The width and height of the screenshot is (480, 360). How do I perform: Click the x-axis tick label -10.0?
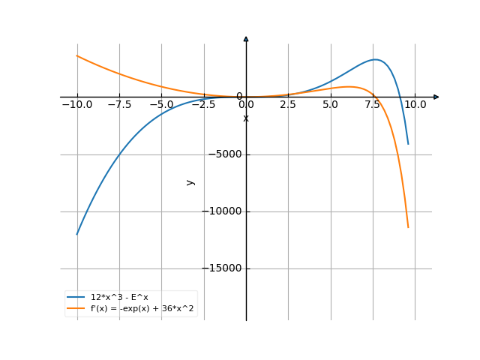pos(76,104)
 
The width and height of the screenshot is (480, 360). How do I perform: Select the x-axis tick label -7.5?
pos(118,104)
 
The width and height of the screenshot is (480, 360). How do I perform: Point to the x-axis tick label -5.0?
pos(161,104)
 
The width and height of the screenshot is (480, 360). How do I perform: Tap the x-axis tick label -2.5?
pos(203,104)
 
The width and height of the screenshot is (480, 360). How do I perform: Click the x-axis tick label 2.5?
pos(288,104)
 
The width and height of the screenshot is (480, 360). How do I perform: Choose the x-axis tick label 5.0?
pos(331,104)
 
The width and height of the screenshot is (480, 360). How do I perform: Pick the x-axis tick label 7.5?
pos(373,104)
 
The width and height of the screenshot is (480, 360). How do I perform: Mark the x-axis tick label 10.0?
pos(415,104)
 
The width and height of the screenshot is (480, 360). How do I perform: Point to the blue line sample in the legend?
pos(76,298)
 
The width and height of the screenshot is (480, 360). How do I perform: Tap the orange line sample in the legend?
pos(76,308)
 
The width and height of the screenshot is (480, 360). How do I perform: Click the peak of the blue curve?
pos(376,59)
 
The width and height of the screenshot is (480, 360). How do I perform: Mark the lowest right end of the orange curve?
pos(408,227)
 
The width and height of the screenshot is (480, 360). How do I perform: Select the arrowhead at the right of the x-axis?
pos(436,97)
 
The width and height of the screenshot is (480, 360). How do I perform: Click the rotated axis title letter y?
pos(190,181)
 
